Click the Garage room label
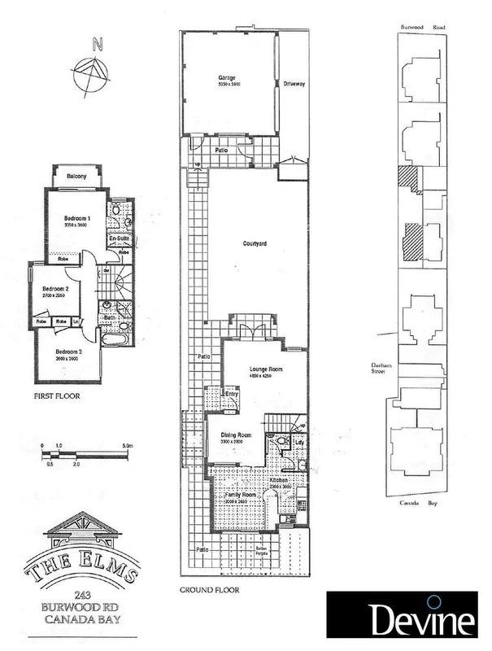tap(225, 78)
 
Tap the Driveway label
tap(294, 84)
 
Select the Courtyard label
tap(255, 243)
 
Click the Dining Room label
tap(237, 435)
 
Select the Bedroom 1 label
tap(78, 218)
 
